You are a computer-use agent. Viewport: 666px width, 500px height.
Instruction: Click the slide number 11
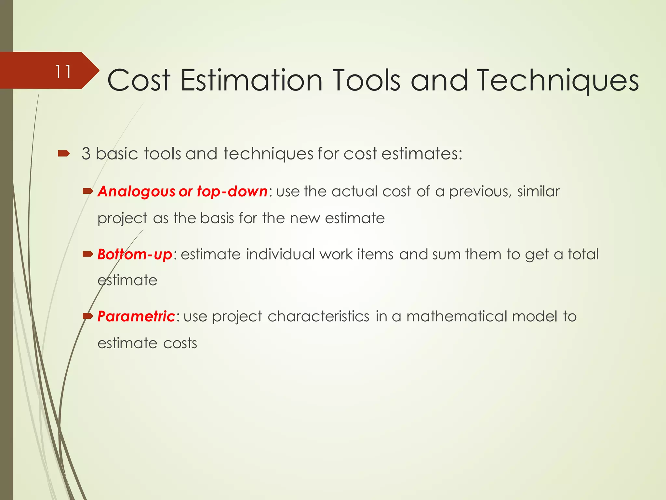click(63, 72)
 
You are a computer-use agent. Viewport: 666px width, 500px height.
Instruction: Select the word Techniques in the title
click(558, 81)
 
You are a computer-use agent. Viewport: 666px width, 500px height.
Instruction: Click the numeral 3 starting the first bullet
click(86, 154)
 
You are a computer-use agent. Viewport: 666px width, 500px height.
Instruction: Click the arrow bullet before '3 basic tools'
click(64, 153)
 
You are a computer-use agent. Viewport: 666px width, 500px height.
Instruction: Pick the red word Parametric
click(136, 316)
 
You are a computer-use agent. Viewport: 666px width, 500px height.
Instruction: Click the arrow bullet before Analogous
click(88, 191)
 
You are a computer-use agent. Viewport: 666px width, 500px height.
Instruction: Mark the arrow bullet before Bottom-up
click(88, 254)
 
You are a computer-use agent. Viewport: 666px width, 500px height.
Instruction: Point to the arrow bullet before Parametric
click(88, 316)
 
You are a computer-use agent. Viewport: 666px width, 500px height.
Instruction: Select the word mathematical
click(457, 316)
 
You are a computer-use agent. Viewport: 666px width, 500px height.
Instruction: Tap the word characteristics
click(318, 316)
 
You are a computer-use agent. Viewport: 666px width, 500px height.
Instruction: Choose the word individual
click(280, 254)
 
